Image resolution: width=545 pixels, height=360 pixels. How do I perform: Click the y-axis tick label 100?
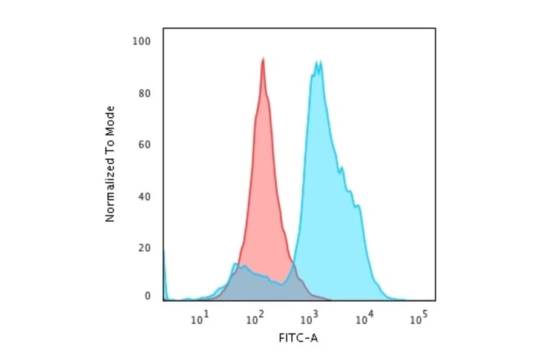point(142,41)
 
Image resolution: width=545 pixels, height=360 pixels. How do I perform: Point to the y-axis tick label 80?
point(144,93)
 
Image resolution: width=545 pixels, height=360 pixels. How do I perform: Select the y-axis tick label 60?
point(144,145)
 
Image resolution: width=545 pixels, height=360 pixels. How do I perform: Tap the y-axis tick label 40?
point(144,196)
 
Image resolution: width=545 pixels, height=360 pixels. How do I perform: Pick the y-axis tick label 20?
point(144,248)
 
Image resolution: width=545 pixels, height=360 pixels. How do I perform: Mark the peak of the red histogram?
point(263,59)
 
